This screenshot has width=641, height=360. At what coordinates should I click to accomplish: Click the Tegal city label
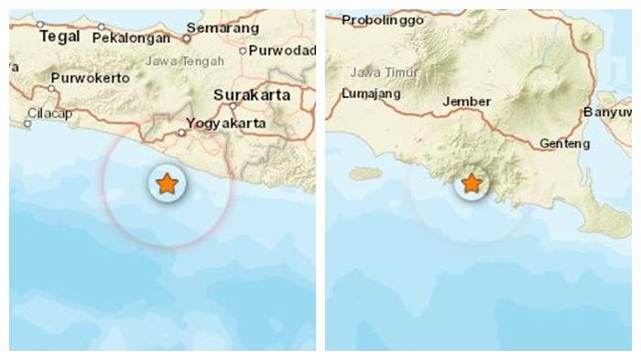point(54,37)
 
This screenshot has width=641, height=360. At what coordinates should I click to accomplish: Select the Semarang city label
point(222,28)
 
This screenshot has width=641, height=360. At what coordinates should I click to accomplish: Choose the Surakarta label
point(251,94)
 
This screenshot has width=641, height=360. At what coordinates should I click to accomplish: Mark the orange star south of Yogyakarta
point(166,184)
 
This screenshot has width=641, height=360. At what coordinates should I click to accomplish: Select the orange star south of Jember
point(471,184)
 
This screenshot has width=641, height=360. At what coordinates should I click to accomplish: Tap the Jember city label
point(466,102)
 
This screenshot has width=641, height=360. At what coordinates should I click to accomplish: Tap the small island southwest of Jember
point(364,172)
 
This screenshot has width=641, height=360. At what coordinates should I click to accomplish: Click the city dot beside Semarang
point(186,39)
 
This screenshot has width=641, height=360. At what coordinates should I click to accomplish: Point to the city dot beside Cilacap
point(27,122)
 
